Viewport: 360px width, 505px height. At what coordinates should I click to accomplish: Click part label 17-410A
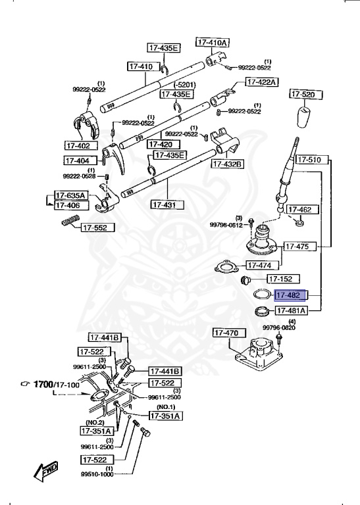click(212, 42)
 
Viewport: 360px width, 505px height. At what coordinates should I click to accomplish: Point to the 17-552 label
click(97, 228)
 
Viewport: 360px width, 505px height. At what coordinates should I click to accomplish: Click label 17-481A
click(292, 310)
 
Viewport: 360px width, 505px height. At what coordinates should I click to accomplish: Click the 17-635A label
click(70, 195)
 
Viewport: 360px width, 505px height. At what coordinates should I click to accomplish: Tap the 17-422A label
click(262, 82)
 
